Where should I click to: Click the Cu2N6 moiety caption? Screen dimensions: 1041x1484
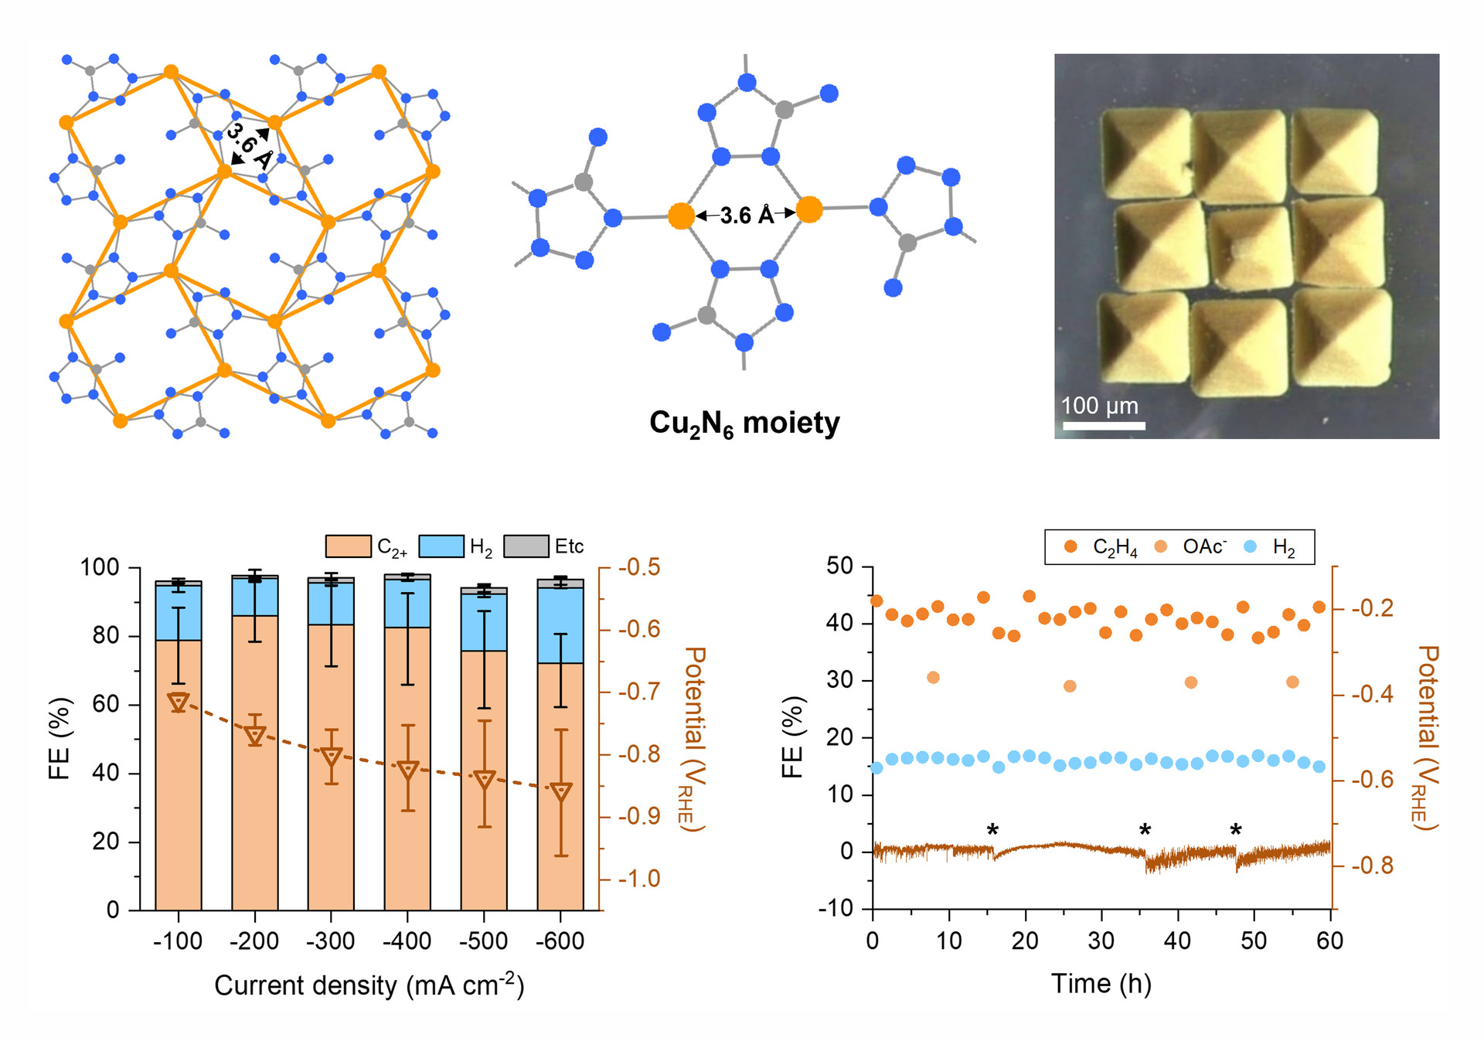click(744, 424)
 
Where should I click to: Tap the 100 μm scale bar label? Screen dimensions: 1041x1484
click(1099, 406)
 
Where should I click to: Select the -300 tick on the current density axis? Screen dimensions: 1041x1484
click(331, 941)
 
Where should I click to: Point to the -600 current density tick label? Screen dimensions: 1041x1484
click(560, 941)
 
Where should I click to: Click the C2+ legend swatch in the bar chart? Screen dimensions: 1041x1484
click(348, 546)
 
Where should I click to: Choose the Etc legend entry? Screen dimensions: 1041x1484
click(569, 546)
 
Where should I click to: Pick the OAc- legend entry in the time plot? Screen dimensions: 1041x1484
click(1204, 547)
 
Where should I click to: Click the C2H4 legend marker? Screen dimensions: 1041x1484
click(1070, 547)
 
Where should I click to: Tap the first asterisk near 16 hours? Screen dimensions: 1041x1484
click(992, 831)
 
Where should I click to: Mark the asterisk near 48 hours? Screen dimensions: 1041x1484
click(1236, 831)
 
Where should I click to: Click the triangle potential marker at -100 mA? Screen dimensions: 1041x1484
click(179, 703)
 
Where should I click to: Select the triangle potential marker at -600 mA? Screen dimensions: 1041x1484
click(561, 792)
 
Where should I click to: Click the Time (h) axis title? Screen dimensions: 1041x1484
click(1101, 984)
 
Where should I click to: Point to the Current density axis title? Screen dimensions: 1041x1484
click(369, 985)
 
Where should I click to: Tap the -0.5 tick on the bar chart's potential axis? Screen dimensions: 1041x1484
click(639, 567)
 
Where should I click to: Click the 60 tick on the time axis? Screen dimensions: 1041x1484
click(1330, 941)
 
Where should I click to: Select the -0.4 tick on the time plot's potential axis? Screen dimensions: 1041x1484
click(1373, 694)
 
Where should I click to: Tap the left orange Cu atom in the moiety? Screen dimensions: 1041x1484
click(681, 216)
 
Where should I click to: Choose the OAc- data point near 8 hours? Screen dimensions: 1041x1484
click(933, 678)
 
